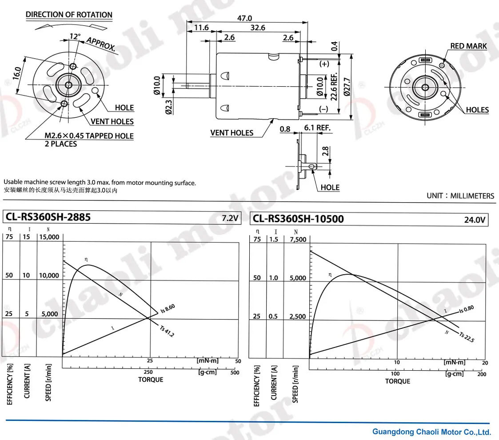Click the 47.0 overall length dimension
pyautogui.click(x=244, y=18)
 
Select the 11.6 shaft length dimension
pyautogui.click(x=201, y=28)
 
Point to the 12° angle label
pyautogui.click(x=75, y=36)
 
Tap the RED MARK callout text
pyautogui.click(x=468, y=46)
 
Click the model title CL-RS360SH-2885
pyautogui.click(x=48, y=217)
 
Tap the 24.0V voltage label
pyautogui.click(x=475, y=220)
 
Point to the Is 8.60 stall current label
pyautogui.click(x=168, y=308)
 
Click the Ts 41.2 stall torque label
pyautogui.click(x=167, y=331)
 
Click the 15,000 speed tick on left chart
pyautogui.click(x=49, y=237)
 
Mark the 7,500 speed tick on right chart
pyautogui.click(x=298, y=240)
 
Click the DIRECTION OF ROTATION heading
pyautogui.click(x=69, y=15)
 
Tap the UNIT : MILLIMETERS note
pyautogui.click(x=460, y=196)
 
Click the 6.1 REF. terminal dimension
pyautogui.click(x=317, y=128)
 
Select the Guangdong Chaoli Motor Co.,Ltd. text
pyautogui.click(x=431, y=432)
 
